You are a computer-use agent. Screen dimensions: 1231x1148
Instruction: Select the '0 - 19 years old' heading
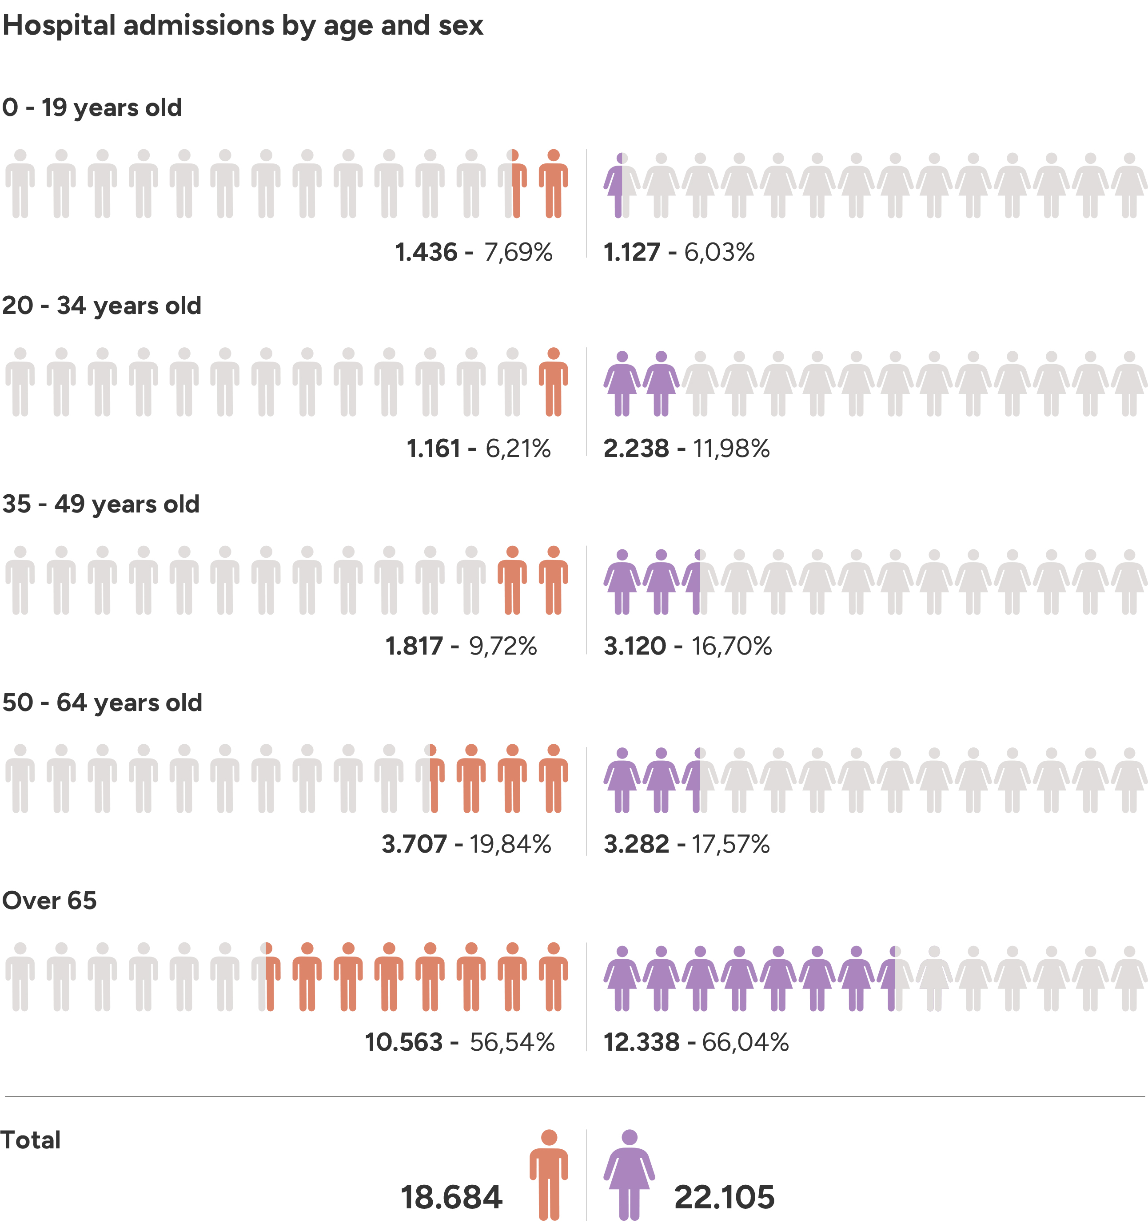92,108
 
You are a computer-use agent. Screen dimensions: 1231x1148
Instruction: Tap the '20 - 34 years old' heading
102,306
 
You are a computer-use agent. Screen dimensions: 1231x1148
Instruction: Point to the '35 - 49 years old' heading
101,504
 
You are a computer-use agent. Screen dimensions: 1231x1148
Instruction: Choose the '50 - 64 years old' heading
102,703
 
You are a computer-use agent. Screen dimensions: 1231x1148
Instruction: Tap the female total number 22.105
724,1197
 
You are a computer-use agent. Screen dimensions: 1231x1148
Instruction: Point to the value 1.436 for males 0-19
426,253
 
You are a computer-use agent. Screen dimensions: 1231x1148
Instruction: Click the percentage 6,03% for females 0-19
719,253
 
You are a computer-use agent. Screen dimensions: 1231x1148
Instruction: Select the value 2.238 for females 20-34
636,449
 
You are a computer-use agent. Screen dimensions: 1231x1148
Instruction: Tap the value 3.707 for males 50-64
414,845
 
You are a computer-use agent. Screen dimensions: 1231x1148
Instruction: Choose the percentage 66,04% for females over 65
745,1043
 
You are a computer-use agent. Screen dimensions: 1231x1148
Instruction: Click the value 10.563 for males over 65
404,1043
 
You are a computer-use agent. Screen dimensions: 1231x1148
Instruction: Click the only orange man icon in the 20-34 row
553,381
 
